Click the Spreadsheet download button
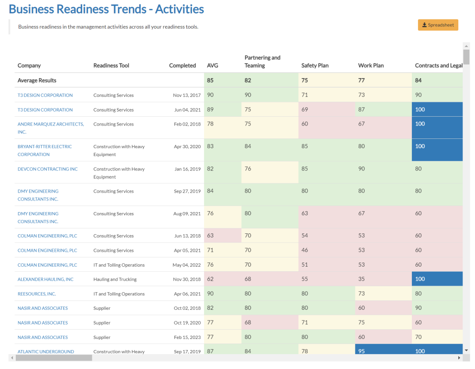(437, 25)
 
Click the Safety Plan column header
(315, 66)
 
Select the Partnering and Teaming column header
(262, 62)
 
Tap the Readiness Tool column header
(111, 66)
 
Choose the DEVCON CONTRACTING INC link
(47, 169)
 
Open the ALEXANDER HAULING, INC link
(45, 279)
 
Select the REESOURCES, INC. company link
(37, 294)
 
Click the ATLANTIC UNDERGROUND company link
(45, 351)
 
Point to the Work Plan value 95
(361, 351)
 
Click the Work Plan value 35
(361, 279)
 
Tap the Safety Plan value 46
(305, 250)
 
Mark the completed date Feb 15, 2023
(187, 338)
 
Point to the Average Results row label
(37, 81)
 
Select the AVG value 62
(210, 279)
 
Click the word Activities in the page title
(180, 9)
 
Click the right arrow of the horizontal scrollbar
(459, 358)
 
